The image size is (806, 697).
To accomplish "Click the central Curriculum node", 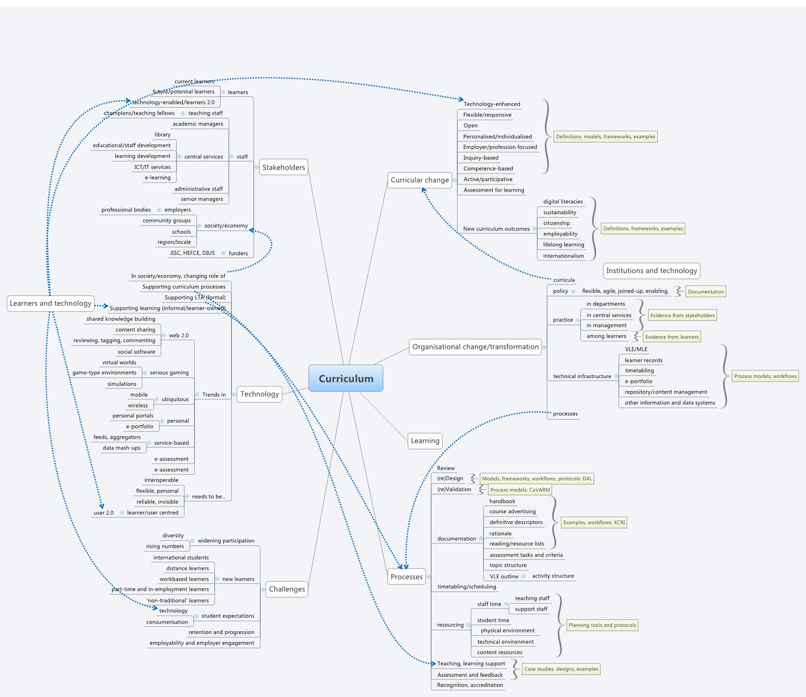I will (x=346, y=379).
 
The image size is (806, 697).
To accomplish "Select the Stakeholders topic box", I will (x=283, y=167).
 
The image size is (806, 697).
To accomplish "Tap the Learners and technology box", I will (x=51, y=303).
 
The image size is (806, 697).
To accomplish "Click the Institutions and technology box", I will (x=651, y=271).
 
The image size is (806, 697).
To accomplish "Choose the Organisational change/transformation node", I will (x=475, y=347).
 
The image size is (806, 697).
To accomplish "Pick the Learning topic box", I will (x=425, y=441).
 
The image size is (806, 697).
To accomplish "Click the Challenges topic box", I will (x=287, y=589).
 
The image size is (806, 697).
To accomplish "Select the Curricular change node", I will (x=420, y=180).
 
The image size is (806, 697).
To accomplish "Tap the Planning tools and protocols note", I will (x=602, y=625).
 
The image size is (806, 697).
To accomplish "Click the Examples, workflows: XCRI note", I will (x=594, y=523).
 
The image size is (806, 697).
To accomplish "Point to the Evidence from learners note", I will (x=672, y=337).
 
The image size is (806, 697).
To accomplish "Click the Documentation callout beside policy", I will (x=706, y=292).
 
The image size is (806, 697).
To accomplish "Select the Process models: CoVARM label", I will (x=520, y=490).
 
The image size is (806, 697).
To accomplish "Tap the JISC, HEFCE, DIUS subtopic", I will (x=192, y=253).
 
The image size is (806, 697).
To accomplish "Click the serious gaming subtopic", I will (x=169, y=373).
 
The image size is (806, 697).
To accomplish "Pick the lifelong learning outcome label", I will (x=563, y=245).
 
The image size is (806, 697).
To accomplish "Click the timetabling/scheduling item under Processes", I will (x=466, y=587).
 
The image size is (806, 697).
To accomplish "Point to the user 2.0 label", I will (x=103, y=513).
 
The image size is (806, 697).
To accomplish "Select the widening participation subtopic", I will (x=226, y=541).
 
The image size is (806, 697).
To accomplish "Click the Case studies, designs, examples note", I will (x=561, y=669).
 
